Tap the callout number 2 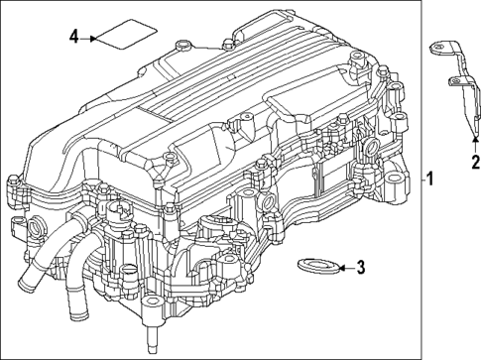tap(475, 162)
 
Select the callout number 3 tap(361, 266)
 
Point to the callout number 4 tap(73, 37)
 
